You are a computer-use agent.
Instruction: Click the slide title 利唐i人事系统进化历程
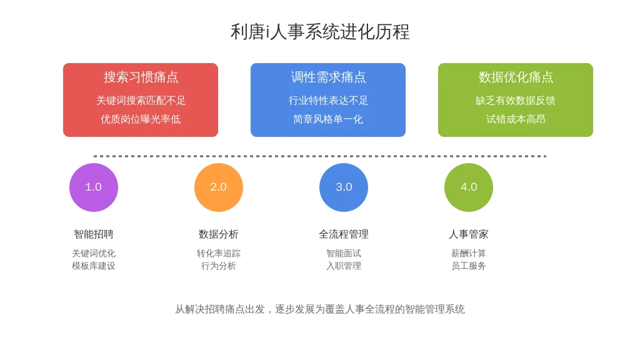pos(320,32)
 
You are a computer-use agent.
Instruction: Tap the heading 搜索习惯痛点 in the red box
pos(141,77)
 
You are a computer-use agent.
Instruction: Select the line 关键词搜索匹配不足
pos(141,101)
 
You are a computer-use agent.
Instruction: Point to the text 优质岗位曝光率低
pos(141,119)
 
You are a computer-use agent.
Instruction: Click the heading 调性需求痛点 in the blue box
pos(328,77)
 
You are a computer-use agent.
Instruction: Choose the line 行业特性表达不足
pos(328,101)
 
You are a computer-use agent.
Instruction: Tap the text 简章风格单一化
pos(328,119)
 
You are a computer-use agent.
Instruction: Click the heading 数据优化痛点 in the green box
pos(516,77)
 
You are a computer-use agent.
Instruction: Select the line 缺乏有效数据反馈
pos(516,101)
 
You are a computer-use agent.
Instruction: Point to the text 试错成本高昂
pos(516,119)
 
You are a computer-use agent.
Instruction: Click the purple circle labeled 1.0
pos(94,187)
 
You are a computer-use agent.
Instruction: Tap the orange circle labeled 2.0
pos(218,187)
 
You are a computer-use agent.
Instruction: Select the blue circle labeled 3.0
pos(344,187)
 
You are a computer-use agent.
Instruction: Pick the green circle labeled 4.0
pos(469,187)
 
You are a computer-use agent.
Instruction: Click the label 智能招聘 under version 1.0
pos(94,234)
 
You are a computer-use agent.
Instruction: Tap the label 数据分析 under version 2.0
pos(218,234)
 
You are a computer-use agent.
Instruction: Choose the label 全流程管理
pos(344,234)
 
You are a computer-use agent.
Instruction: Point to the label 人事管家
pos(469,234)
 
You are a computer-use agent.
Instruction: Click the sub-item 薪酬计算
pos(469,254)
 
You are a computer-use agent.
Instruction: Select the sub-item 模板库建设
pos(94,266)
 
